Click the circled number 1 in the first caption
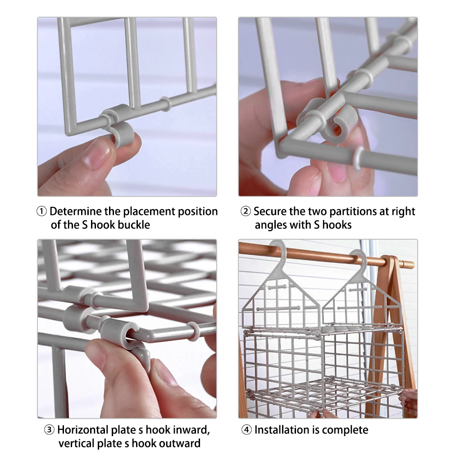pos(41,211)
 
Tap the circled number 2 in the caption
pos(246,211)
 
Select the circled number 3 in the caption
pos(49,430)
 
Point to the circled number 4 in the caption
pos(246,430)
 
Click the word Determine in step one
pos(76,211)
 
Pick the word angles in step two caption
pos(271,225)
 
